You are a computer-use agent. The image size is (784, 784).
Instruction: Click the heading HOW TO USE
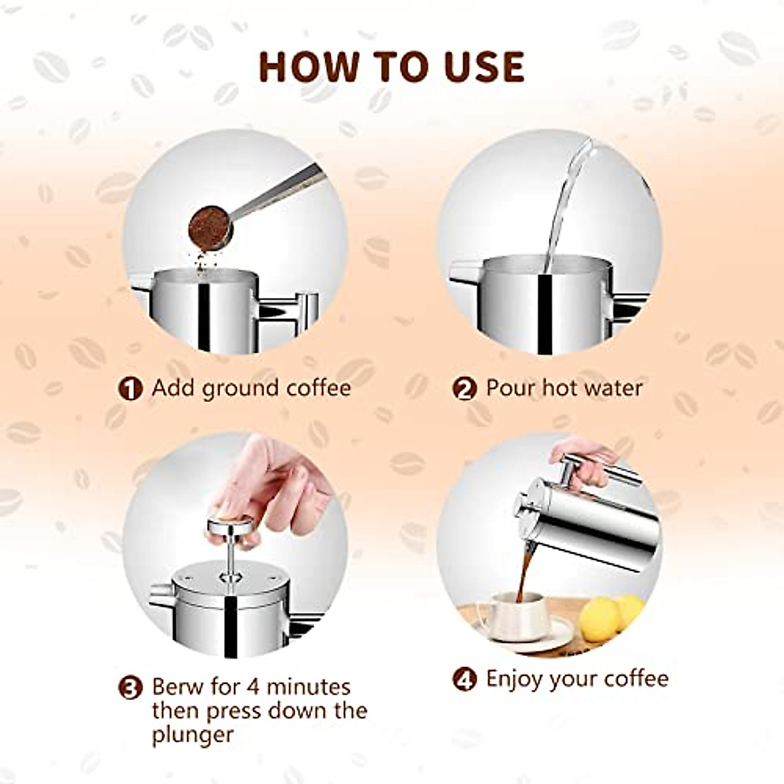[x=391, y=66]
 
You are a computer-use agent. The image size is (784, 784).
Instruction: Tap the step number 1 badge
[x=130, y=389]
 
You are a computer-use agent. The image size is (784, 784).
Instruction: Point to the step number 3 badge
[x=130, y=688]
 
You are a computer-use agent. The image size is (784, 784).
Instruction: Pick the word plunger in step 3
[x=193, y=735]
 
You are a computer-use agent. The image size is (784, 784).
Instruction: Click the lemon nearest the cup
[x=600, y=619]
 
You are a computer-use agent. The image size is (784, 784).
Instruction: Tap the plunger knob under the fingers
[x=229, y=524]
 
